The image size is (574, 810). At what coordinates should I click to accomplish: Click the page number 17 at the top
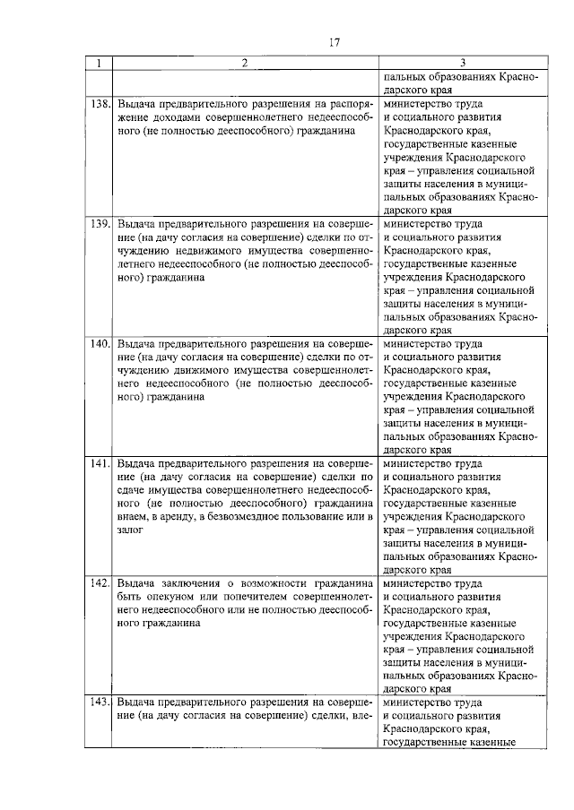(334, 42)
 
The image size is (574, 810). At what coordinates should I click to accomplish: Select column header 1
(99, 63)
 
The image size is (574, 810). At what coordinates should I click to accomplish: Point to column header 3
(462, 63)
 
